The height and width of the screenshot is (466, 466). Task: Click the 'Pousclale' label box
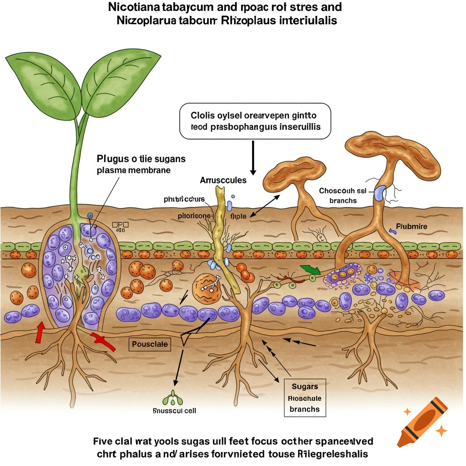point(150,344)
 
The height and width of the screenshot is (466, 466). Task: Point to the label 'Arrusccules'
point(223,180)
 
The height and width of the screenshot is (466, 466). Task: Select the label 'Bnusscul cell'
point(175,410)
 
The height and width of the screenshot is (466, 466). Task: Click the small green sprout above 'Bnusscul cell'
point(175,398)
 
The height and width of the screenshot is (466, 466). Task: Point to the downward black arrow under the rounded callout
point(253,157)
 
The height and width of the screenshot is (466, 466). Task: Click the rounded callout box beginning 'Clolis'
point(255,121)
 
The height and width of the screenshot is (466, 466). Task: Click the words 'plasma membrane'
point(134,170)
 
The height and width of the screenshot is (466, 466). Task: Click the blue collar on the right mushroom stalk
point(380,193)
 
